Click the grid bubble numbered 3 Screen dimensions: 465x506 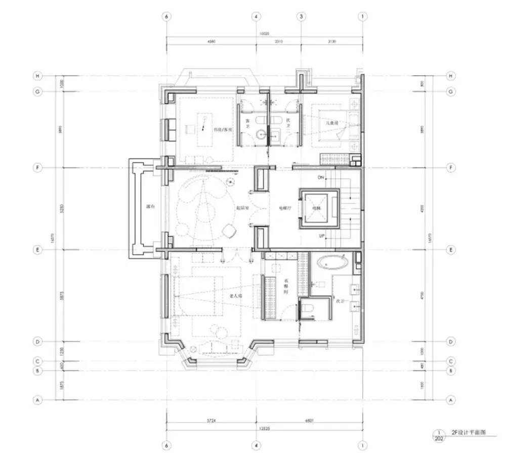point(302,16)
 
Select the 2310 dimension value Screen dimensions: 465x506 point(279,42)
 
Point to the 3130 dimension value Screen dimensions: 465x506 point(331,42)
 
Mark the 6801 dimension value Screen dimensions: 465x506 point(309,421)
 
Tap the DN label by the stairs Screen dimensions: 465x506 point(321,178)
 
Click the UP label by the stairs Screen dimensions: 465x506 point(321,236)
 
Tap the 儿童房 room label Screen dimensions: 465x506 point(331,123)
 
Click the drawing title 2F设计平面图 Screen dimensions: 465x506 point(468,433)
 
